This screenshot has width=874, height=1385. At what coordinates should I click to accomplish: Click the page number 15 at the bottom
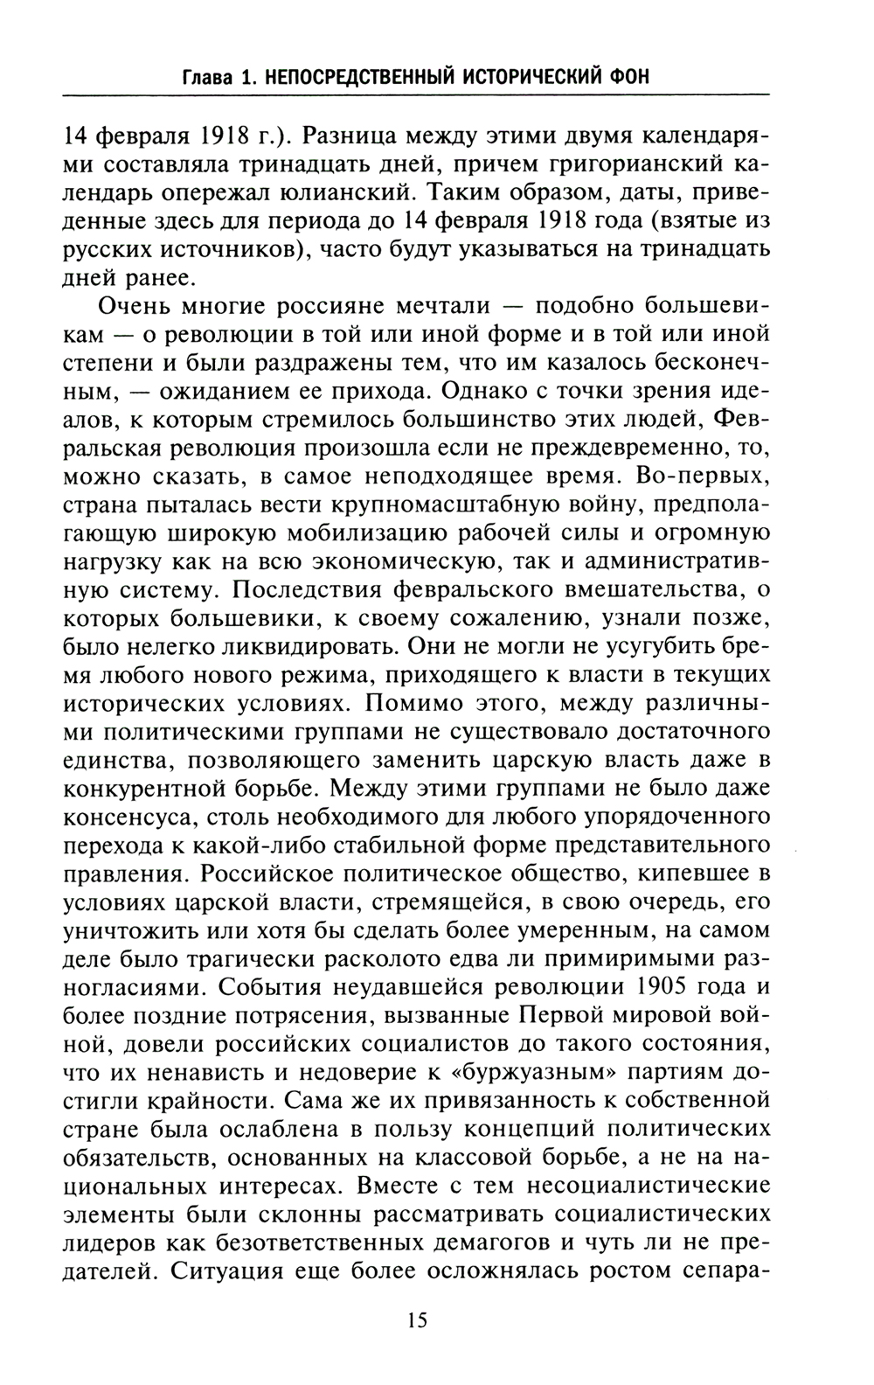point(417,1319)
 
